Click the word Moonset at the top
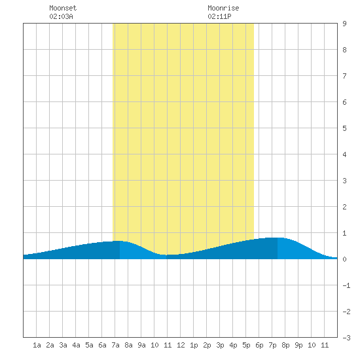pos(63,8)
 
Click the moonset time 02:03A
pos(61,16)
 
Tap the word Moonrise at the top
pos(223,8)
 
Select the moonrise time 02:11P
pos(219,16)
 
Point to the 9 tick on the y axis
pos(344,24)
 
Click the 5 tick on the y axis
pos(344,128)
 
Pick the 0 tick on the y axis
pos(344,259)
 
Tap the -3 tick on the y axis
pos(346,338)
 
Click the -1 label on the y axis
pos(346,285)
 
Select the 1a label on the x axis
pos(37,345)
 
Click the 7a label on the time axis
pos(115,345)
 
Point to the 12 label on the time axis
pos(181,345)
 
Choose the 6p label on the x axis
pos(259,345)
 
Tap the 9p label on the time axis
pos(298,345)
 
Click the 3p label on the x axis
pos(220,345)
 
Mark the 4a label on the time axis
pos(76,345)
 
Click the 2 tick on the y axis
pos(344,207)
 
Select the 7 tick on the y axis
pos(344,76)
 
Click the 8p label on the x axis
pos(285,345)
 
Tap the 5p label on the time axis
pos(246,345)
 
